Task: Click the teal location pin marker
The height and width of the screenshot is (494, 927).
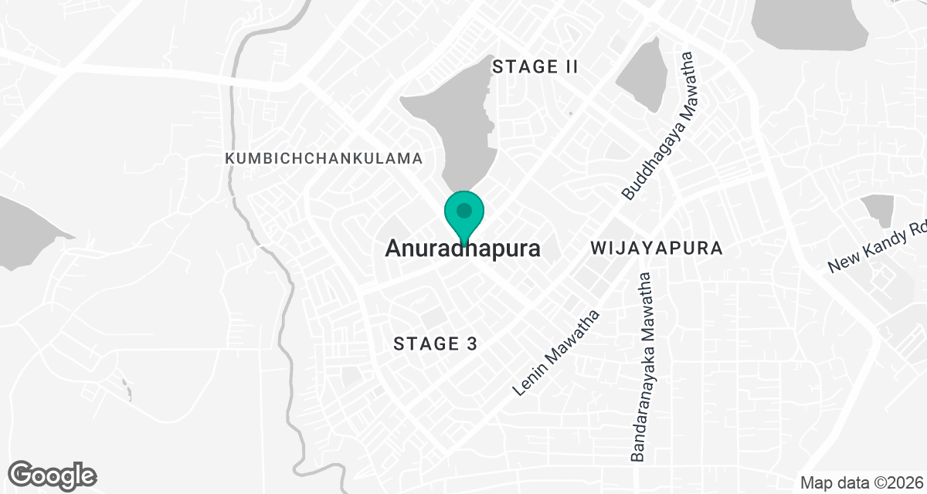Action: coord(463,215)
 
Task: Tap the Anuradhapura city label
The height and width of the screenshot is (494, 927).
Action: coord(462,249)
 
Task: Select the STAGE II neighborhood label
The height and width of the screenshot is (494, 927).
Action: coord(535,67)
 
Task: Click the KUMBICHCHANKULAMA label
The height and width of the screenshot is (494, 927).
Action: coord(324,158)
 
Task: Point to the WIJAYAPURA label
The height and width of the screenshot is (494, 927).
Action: coord(656,249)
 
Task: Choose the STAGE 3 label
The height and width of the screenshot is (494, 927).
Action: coord(436,344)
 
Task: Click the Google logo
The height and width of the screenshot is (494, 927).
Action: coord(53,475)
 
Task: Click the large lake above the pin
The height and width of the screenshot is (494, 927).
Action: coord(452,131)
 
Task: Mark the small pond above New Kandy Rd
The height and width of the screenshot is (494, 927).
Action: coord(878,209)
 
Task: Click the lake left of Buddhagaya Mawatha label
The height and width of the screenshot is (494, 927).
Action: coord(643,73)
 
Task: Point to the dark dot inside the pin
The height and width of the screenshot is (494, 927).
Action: coord(463,210)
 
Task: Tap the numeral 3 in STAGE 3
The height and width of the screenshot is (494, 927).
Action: coord(470,344)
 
